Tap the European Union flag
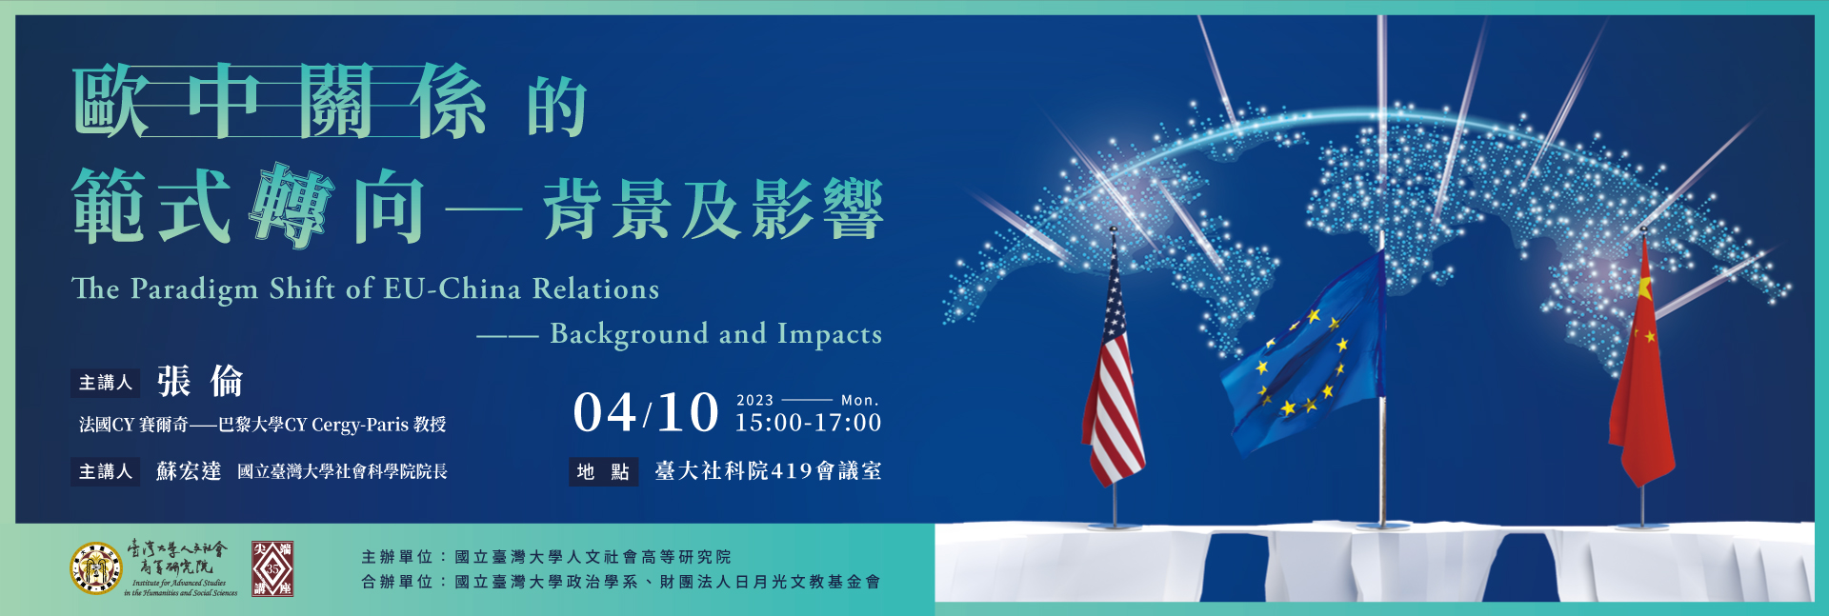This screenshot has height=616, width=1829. click(1303, 352)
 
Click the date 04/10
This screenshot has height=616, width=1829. click(646, 412)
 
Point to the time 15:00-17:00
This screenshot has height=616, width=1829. click(808, 423)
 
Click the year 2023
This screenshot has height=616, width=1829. click(755, 400)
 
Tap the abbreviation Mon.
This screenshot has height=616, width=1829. click(860, 400)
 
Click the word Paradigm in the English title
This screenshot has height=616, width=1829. click(194, 289)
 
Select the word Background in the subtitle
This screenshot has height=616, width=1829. click(629, 334)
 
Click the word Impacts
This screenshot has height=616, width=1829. click(830, 334)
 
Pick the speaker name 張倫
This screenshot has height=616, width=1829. click(200, 382)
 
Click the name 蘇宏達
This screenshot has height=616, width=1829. click(189, 471)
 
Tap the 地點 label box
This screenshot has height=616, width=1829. click(603, 471)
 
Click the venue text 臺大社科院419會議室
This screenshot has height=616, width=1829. click(768, 471)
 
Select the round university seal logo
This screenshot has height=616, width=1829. click(96, 568)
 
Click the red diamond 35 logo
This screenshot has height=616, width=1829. click(272, 569)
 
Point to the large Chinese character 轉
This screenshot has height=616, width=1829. click(291, 206)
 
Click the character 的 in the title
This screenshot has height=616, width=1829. click(557, 108)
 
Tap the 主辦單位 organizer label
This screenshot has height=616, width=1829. click(397, 557)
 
